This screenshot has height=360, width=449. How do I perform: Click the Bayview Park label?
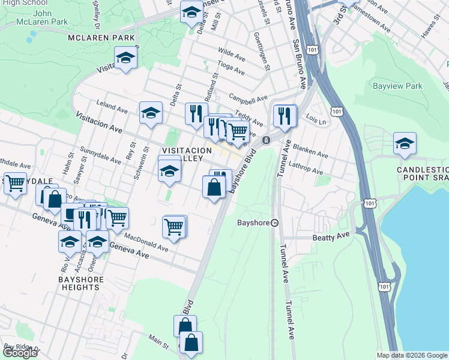point(397,86)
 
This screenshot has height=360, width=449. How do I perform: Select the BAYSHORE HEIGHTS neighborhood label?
point(81,284)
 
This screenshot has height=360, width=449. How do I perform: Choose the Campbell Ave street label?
point(247,98)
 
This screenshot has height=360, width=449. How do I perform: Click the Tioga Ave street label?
point(231,68)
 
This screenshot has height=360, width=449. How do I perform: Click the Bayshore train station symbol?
point(274,223)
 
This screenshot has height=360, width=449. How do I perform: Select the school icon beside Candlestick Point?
point(405,143)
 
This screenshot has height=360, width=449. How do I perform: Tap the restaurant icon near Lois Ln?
point(285,116)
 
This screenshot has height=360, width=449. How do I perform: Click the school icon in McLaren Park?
point(126,58)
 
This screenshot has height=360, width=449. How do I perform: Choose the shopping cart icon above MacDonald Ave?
point(173,227)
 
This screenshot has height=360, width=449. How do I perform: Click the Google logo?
point(20,353)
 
